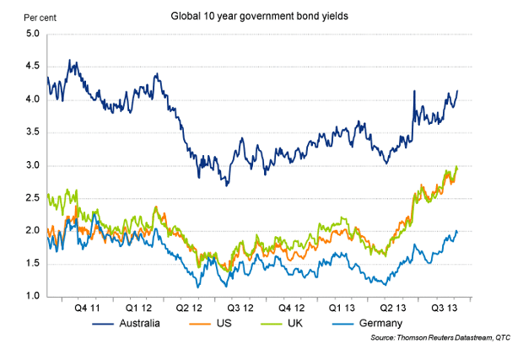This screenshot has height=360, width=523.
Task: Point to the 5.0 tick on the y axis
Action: click(33, 34)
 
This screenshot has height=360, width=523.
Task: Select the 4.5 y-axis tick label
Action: click(33, 67)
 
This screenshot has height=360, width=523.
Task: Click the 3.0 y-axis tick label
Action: click(33, 165)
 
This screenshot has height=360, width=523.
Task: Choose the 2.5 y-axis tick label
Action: click(33, 198)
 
